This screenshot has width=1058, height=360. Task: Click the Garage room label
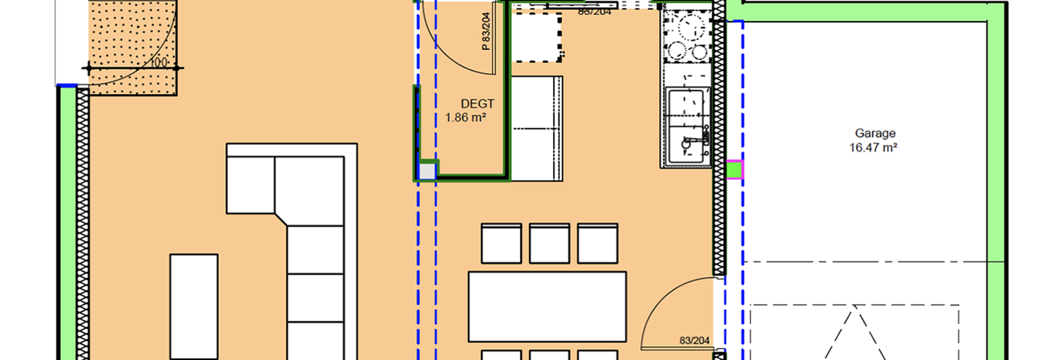(x=875, y=133)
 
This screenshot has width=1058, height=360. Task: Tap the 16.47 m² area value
(x=875, y=148)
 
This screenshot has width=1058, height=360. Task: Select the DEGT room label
(x=478, y=104)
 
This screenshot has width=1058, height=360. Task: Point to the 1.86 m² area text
(x=466, y=118)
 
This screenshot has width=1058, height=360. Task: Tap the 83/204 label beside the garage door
(x=695, y=341)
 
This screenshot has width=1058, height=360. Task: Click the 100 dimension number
(x=159, y=63)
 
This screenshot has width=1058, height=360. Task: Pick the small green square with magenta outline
(x=734, y=169)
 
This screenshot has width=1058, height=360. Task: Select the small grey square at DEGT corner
(x=427, y=171)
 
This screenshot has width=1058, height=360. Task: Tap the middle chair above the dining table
(x=549, y=243)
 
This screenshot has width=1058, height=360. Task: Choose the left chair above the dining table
(x=501, y=243)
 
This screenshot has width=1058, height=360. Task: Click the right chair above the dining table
(x=597, y=243)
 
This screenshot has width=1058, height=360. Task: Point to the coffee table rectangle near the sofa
(x=194, y=307)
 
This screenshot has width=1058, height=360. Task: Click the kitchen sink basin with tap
(x=686, y=145)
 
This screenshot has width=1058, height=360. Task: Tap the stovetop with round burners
(x=686, y=39)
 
